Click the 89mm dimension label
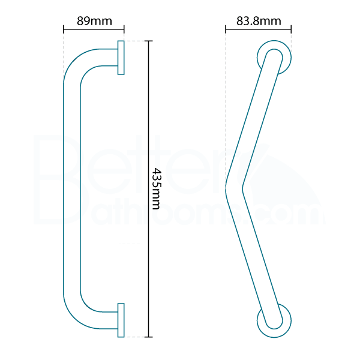tap(94, 21)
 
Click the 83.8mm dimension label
tap(259, 21)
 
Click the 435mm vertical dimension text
tap(156, 188)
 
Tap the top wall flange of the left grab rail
tap(121, 58)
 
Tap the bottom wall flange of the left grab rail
tap(121, 319)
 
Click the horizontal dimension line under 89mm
tap(94, 29)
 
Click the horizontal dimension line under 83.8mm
tap(259, 29)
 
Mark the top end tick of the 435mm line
tap(149, 41)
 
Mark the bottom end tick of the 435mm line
tap(149, 336)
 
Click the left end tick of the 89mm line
tap(64, 29)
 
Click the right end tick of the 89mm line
tap(124, 29)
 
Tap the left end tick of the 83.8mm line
tap(226, 29)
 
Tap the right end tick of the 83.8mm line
tap(291, 29)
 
